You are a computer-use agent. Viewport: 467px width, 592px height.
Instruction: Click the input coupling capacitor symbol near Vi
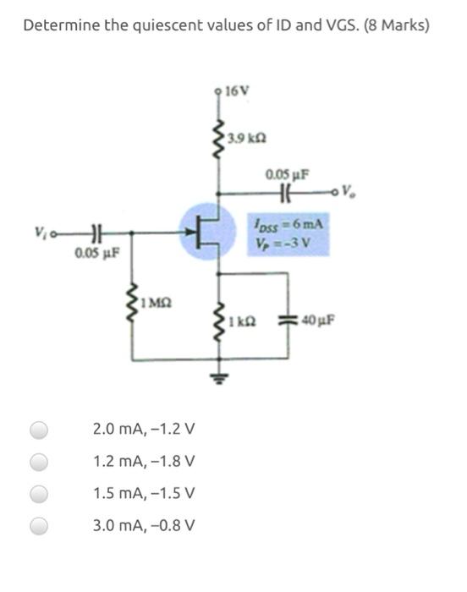click(x=96, y=230)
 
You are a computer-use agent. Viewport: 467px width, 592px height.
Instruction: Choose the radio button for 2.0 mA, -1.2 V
click(x=39, y=430)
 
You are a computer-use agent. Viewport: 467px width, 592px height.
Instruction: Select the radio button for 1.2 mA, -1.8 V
click(x=39, y=462)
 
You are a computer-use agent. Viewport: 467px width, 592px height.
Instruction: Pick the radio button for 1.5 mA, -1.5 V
click(x=39, y=494)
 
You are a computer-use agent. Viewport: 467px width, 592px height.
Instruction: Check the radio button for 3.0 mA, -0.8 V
click(x=39, y=526)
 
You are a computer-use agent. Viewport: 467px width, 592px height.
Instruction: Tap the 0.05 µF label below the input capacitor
click(x=96, y=251)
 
